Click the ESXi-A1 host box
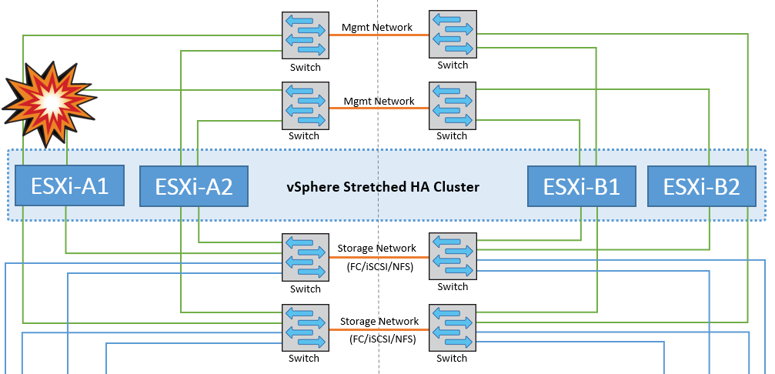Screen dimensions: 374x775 tap(69, 185)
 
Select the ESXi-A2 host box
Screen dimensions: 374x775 tap(194, 187)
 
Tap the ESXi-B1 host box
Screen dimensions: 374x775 tap(582, 187)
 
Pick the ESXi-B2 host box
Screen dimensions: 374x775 tap(702, 187)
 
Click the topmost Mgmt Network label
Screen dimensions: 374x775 tap(377, 27)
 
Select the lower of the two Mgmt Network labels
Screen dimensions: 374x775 tap(379, 101)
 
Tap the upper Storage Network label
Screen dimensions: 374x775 tap(377, 249)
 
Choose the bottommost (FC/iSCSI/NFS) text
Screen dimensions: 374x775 tap(379, 338)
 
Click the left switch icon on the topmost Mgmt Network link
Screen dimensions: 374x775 tap(305, 35)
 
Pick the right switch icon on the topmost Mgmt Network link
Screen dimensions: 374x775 tap(453, 34)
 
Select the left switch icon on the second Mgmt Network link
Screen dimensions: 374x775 tap(305, 107)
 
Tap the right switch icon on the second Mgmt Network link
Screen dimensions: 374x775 tap(453, 105)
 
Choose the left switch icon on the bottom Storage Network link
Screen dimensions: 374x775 tap(305, 329)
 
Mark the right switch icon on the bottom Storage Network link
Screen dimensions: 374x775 tap(453, 328)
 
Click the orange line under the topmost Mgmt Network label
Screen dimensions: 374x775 tap(379, 35)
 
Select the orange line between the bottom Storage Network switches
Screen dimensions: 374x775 tap(379, 329)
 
